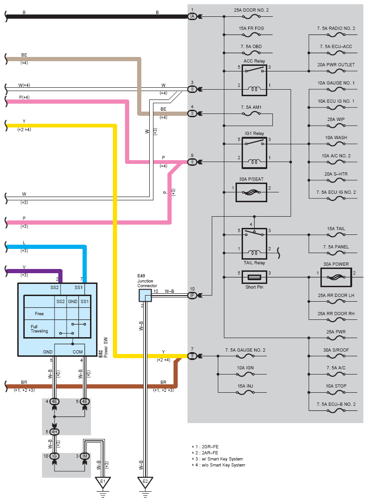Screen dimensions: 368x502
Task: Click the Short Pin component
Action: [254, 277]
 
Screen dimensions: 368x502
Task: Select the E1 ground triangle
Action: [103, 482]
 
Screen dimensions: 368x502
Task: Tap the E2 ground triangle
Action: [145, 482]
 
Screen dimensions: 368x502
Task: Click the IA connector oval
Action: [192, 16]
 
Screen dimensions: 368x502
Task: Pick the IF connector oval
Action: [192, 295]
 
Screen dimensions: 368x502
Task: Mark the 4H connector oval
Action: [55, 431]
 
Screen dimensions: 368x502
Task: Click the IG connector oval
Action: [55, 456]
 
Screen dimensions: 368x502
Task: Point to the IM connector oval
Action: [85, 456]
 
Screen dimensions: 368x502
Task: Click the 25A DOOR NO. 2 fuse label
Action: [251, 10]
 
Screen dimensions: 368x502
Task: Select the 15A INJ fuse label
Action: [245, 386]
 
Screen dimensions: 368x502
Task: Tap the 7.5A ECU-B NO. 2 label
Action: [336, 404]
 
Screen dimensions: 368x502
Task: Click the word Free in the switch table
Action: [39, 314]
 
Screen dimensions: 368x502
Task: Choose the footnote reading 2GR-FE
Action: [210, 446]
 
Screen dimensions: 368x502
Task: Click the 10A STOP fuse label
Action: [336, 386]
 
